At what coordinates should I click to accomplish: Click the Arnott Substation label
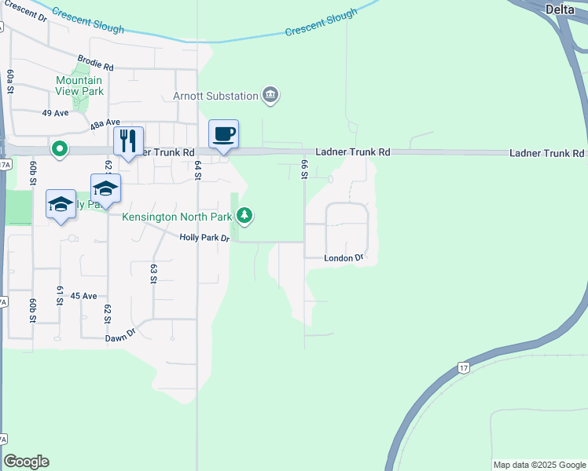[215, 96]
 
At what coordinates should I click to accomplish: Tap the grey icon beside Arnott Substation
[271, 96]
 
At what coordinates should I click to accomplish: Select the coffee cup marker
[223, 134]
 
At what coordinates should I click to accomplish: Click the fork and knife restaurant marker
[129, 141]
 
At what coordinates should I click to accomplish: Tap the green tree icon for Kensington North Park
[245, 214]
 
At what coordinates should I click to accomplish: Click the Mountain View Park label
[79, 86]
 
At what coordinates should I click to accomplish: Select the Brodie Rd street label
[96, 62]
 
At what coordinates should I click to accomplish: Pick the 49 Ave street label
[56, 113]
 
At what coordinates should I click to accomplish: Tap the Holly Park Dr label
[204, 238]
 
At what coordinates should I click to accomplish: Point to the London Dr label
[344, 257]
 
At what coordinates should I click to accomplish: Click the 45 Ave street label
[83, 296]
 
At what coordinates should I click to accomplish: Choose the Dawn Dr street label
[121, 339]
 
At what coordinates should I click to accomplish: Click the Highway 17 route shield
[465, 367]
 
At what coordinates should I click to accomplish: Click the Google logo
[26, 462]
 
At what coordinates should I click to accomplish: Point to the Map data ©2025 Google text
[538, 465]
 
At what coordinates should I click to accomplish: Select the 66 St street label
[303, 168]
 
